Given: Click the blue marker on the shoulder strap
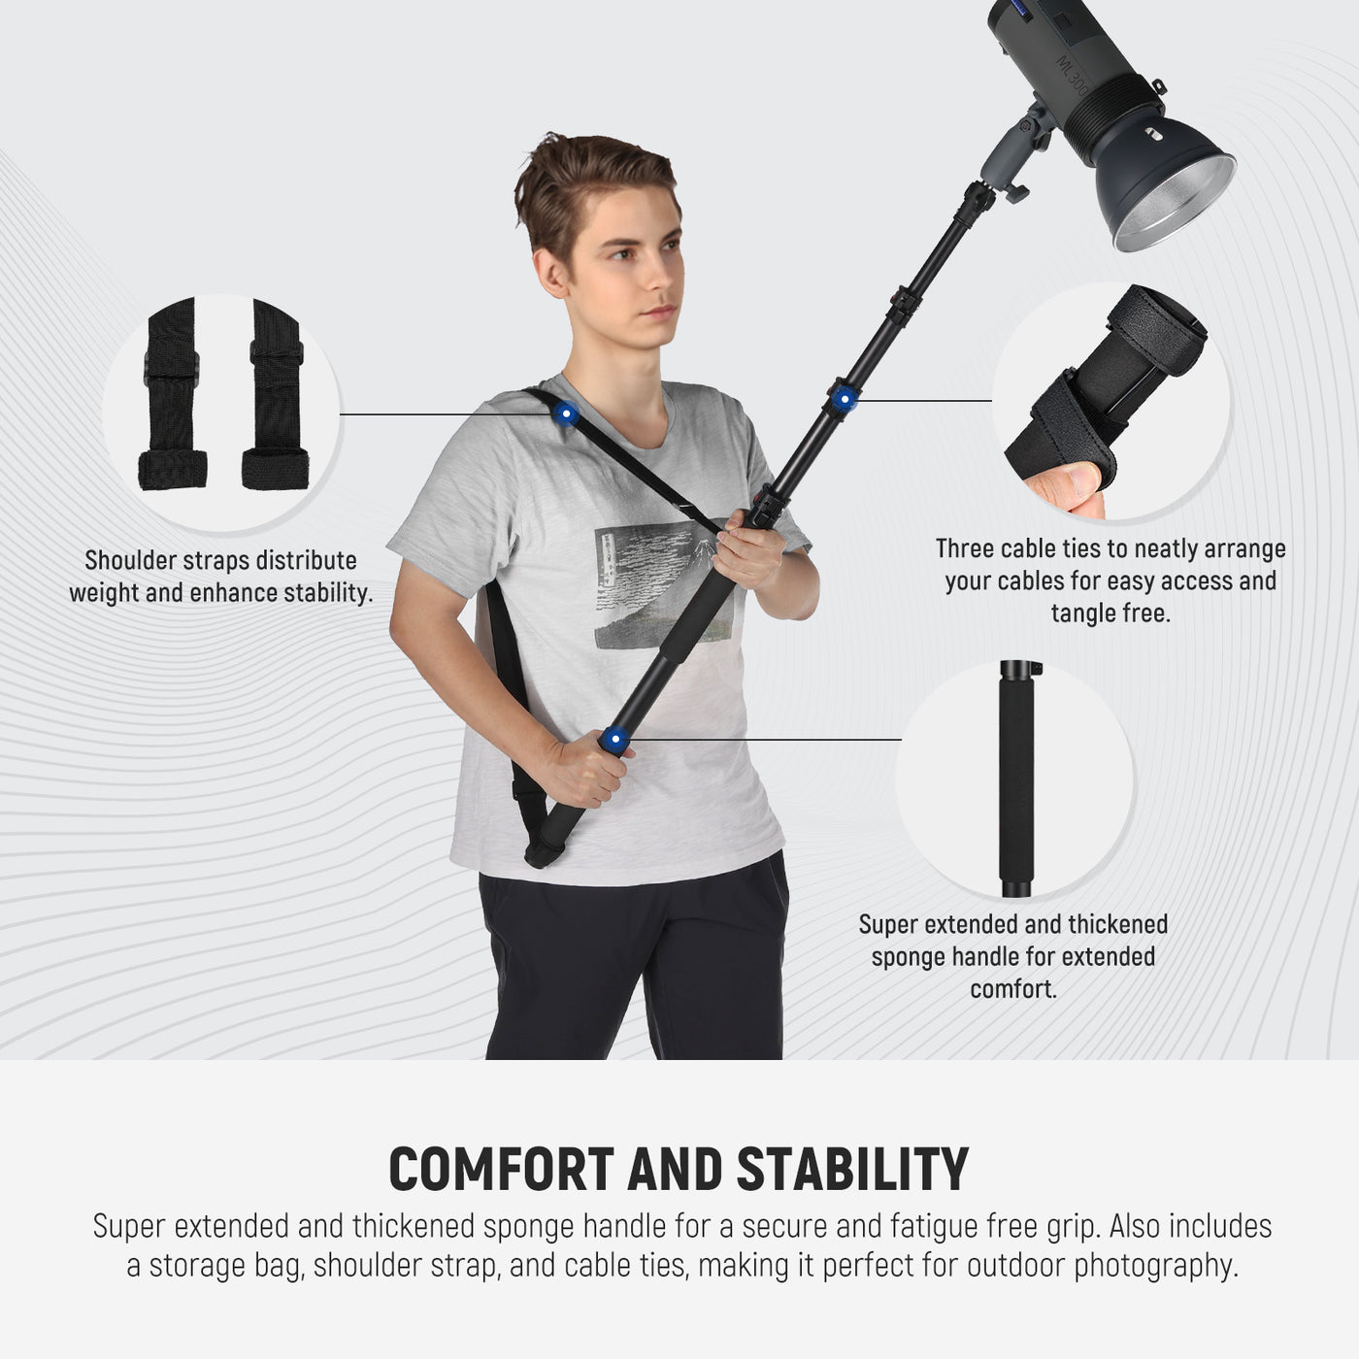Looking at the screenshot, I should (565, 414).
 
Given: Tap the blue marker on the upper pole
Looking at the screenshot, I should (844, 399).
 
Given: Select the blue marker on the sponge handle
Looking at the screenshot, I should (613, 741).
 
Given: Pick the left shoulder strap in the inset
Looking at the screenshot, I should (176, 398).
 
